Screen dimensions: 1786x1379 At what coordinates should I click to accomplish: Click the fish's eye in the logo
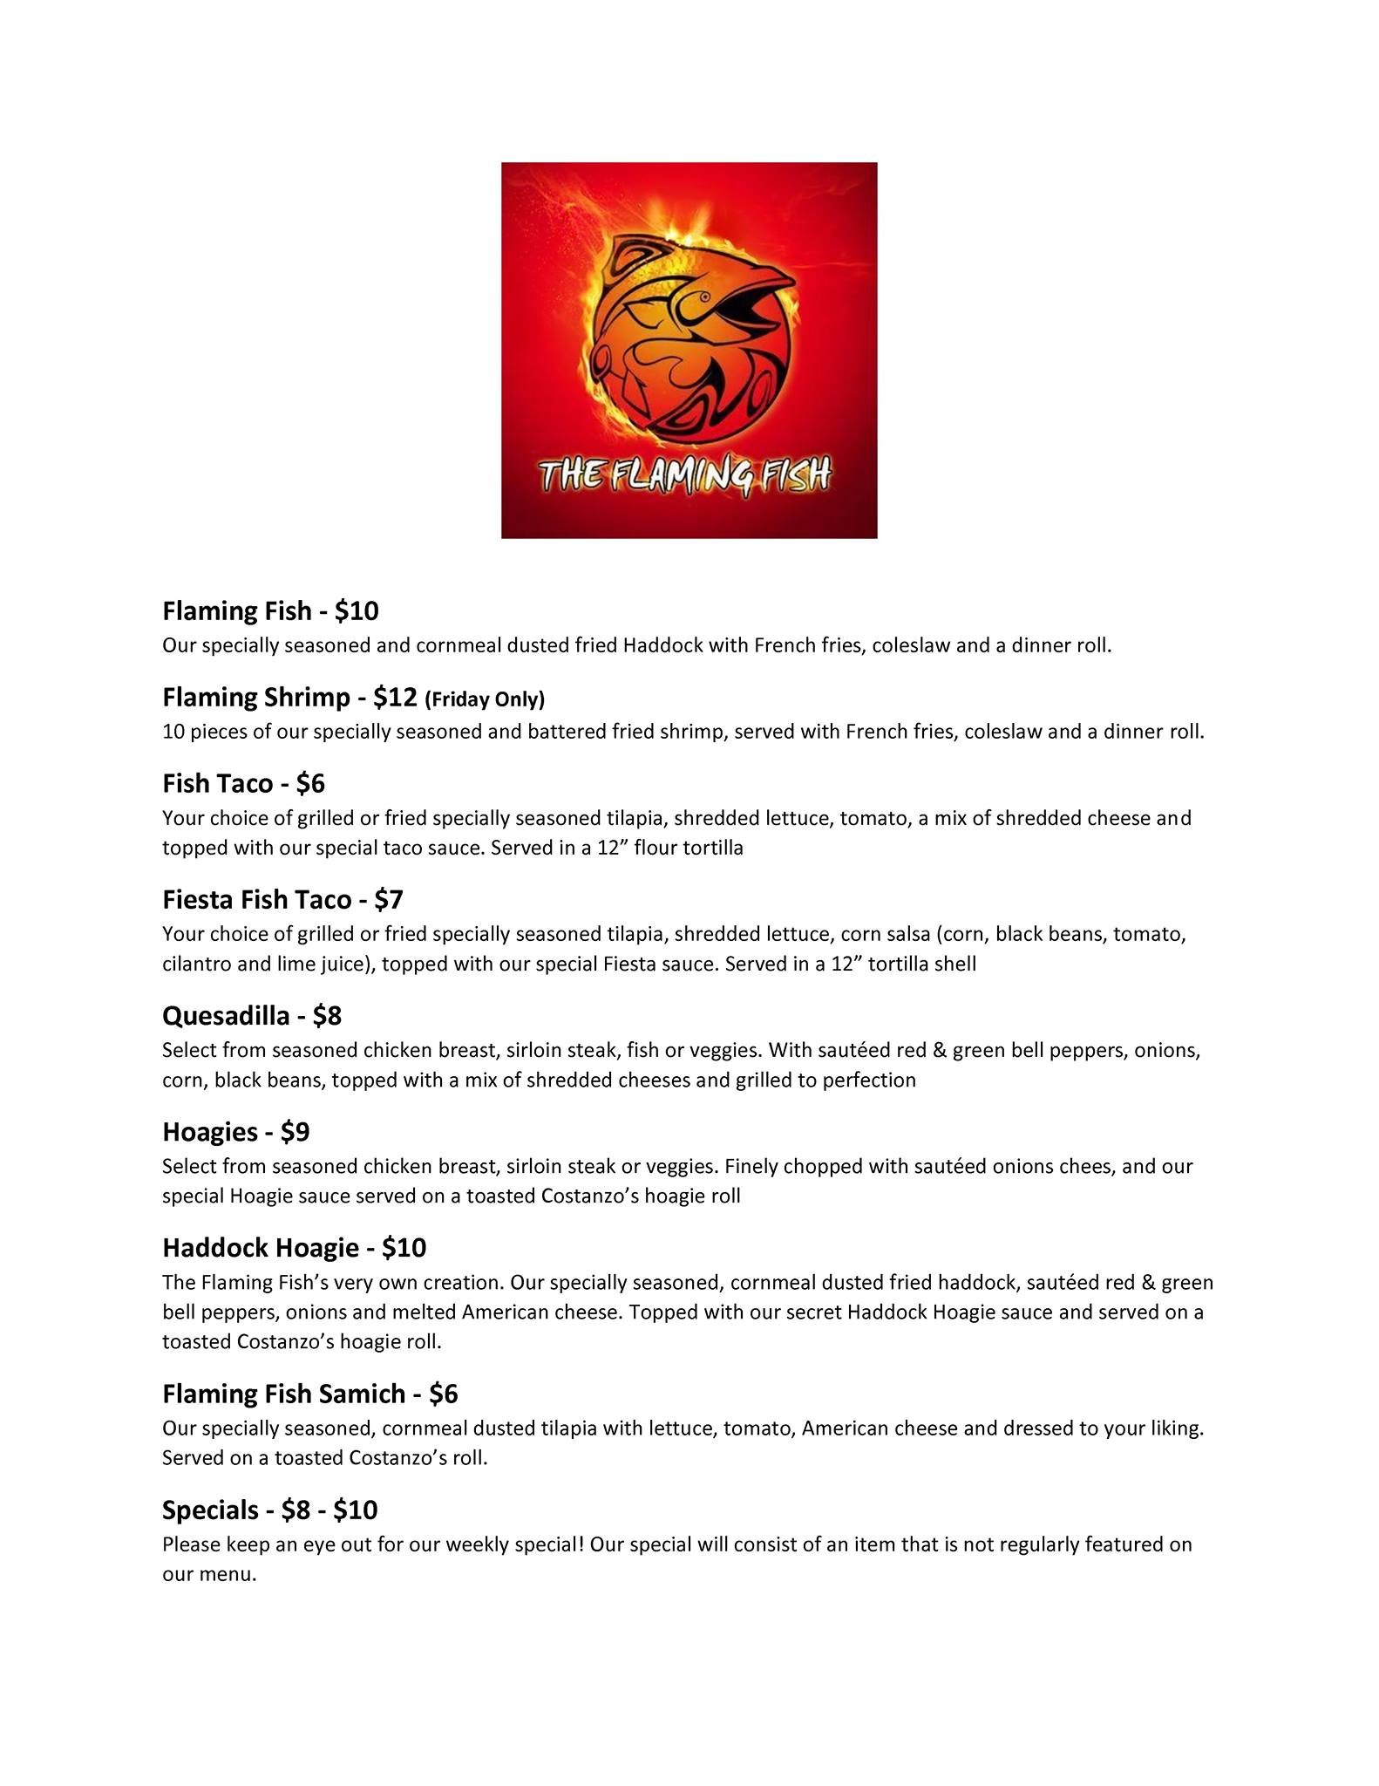click(x=704, y=297)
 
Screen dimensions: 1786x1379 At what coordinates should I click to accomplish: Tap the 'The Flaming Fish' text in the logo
click(x=685, y=475)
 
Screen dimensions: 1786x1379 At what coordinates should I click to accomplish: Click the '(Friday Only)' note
click(x=485, y=699)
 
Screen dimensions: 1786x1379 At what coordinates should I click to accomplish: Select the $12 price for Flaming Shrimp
click(x=395, y=698)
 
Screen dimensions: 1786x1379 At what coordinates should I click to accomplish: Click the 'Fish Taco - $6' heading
click(x=243, y=784)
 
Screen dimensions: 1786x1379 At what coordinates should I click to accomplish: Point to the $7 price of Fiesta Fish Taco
click(x=389, y=900)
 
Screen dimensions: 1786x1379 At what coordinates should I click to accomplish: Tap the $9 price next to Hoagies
click(x=295, y=1132)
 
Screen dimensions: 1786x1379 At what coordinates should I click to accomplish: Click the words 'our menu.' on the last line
click(x=209, y=1574)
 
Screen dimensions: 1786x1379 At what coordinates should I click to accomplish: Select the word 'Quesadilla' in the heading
click(x=226, y=1016)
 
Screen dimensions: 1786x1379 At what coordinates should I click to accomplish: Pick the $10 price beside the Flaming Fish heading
click(x=357, y=610)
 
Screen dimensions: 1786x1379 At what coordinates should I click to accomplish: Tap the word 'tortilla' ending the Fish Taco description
click(x=712, y=848)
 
